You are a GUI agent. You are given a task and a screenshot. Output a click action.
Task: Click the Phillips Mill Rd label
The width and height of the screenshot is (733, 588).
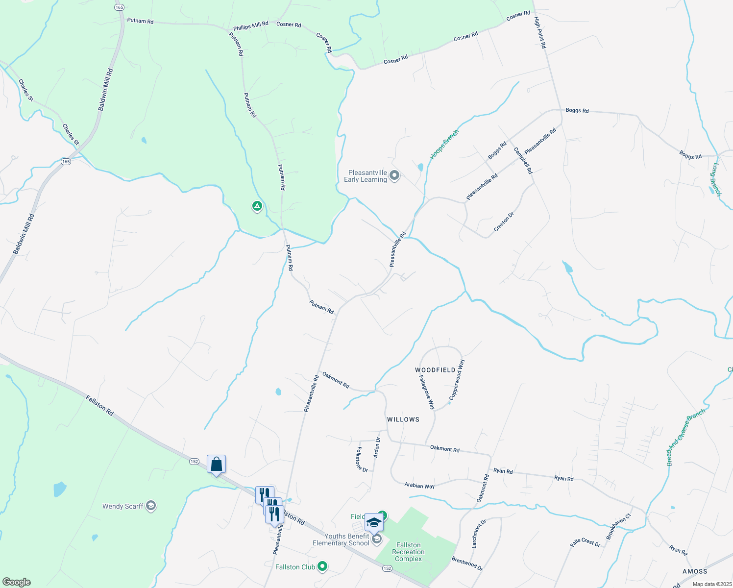(250, 25)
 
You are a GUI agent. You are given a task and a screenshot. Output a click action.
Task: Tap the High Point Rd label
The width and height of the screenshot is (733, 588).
(539, 32)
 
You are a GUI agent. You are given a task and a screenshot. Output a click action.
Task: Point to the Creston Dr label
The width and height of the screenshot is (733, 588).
(504, 222)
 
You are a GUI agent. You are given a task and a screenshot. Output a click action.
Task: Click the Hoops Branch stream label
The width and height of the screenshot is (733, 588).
(444, 145)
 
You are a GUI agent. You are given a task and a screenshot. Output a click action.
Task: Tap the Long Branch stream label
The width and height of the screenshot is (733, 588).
(716, 180)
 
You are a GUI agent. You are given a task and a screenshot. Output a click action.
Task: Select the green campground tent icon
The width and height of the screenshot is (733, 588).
(257, 206)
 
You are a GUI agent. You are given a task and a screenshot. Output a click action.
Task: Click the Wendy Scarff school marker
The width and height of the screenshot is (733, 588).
(151, 506)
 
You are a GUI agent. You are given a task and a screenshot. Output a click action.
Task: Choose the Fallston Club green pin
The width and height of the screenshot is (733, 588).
(322, 567)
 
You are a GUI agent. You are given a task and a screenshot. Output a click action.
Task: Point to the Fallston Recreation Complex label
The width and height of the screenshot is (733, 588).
(409, 552)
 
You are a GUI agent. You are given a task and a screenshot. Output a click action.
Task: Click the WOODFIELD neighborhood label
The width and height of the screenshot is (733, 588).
(435, 370)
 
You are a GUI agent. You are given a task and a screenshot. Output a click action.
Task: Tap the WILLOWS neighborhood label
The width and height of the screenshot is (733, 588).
(403, 419)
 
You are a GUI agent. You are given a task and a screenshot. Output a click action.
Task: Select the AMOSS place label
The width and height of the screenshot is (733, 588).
(695, 571)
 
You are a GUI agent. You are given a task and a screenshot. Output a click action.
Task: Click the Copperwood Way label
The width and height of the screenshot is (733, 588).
(456, 380)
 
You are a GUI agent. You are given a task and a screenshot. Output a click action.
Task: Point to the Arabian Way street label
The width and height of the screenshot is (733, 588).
(419, 486)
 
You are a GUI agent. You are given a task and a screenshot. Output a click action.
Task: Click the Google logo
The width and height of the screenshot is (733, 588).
(16, 582)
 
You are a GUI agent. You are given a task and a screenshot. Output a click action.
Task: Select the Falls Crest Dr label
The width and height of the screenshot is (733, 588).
(585, 542)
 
